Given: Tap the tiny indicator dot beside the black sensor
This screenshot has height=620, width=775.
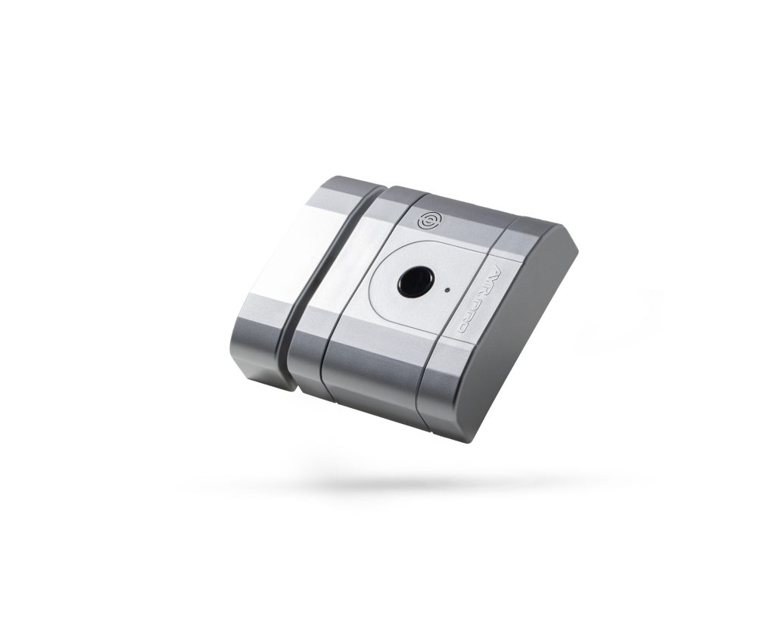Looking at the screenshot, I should pos(449,289).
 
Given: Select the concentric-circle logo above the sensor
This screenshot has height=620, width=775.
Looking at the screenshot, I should pos(428,220).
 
